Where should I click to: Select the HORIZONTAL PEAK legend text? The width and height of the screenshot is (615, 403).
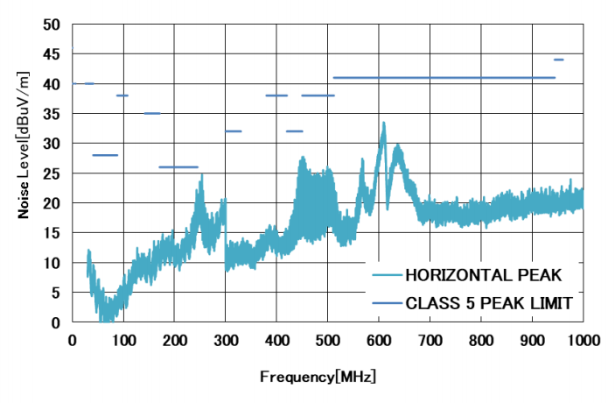pyautogui.click(x=482, y=276)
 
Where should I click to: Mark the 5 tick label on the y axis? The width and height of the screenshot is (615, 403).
pyautogui.click(x=56, y=293)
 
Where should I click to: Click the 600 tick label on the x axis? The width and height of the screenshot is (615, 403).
pyautogui.click(x=379, y=340)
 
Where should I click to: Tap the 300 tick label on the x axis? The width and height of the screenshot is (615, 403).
pyautogui.click(x=226, y=340)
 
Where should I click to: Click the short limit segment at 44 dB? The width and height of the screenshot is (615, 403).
pyautogui.click(x=558, y=60)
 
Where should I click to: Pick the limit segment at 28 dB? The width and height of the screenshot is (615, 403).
pyautogui.click(x=105, y=155)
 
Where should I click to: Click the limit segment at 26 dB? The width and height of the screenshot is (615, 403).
pyautogui.click(x=178, y=166)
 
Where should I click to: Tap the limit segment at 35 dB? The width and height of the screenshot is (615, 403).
pyautogui.click(x=152, y=113)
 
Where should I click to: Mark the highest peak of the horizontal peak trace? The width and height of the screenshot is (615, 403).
pyautogui.click(x=383, y=124)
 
